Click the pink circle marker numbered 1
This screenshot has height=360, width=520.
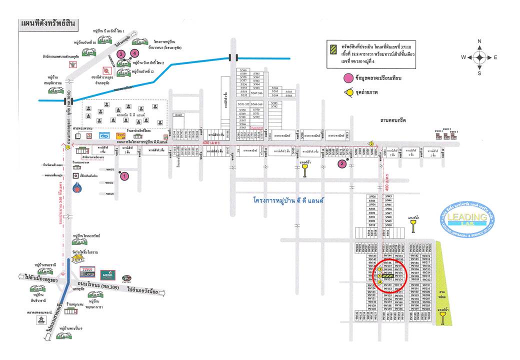[125, 175]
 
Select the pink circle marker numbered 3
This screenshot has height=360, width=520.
[120, 53]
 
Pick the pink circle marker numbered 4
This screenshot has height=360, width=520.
[134, 53]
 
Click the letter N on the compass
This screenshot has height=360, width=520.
[479, 41]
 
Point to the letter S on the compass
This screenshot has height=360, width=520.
[479, 73]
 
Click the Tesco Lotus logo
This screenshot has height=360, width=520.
[88, 272]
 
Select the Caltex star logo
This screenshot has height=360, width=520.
[126, 277]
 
